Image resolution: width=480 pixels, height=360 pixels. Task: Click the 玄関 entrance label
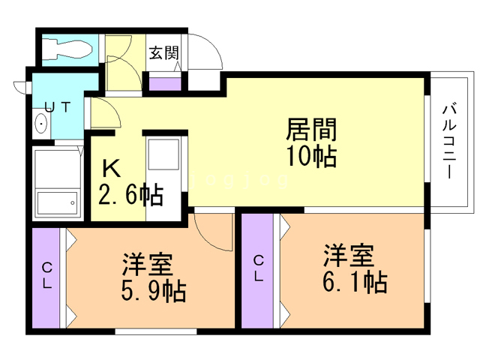tap(163, 53)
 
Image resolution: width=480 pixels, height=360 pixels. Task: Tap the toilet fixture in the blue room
tap(67, 49)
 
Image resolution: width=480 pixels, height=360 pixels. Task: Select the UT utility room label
tap(58, 106)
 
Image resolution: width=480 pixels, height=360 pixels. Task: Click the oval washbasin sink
tap(40, 123)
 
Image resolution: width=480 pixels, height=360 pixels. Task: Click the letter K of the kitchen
tap(111, 169)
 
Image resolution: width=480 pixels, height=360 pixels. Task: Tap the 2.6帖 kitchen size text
tap(130, 195)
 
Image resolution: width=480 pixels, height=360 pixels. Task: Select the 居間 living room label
tap(312, 129)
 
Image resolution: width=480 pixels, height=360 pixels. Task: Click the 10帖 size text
tap(312, 156)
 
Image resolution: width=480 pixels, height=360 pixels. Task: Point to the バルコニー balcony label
tap(449, 142)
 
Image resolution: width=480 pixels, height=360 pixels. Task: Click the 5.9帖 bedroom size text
tap(154, 292)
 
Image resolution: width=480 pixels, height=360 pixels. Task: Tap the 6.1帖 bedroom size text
tap(355, 282)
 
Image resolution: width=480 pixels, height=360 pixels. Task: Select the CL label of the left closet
tap(46, 275)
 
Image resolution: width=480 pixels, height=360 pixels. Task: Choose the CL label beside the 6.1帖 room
tap(259, 268)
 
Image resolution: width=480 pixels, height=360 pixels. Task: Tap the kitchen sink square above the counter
tap(163, 154)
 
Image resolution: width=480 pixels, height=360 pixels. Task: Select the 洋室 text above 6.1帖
tap(349, 256)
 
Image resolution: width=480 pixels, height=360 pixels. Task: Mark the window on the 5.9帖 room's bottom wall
tap(156, 331)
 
